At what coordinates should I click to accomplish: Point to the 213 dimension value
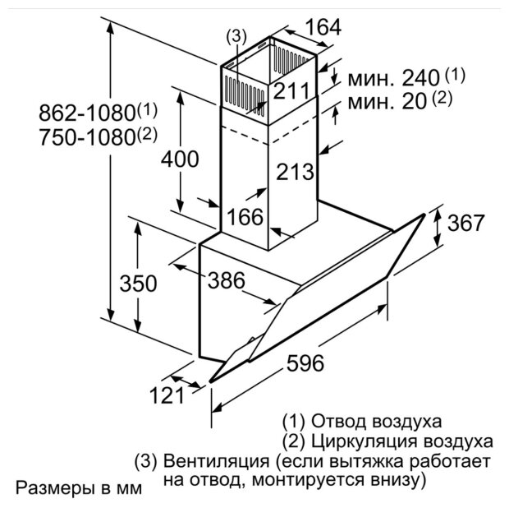point(295,173)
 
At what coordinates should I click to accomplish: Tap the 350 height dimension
point(138,284)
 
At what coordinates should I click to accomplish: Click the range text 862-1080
point(78,111)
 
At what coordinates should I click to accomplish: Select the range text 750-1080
point(78,136)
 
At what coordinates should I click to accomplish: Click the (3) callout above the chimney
point(236,37)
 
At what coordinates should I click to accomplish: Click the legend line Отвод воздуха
point(361,423)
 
